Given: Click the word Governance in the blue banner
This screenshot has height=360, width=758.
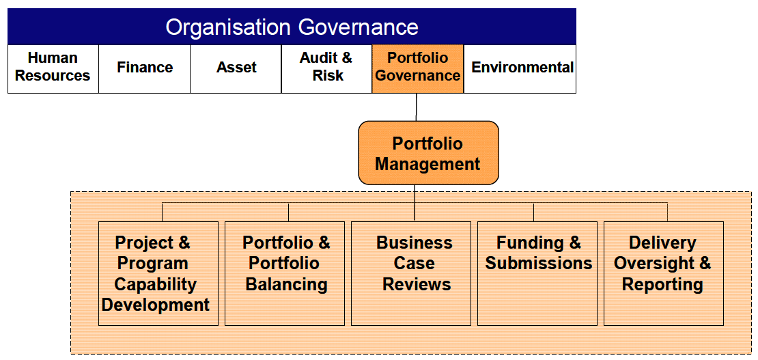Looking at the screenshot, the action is [x=359, y=27].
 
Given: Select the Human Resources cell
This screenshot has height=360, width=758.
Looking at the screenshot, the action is [x=53, y=69].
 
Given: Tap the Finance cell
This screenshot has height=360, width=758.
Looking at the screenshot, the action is [x=145, y=69].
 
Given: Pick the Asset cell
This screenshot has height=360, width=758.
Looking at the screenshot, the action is [x=236, y=69].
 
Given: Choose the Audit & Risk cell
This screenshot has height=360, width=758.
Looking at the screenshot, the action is [x=327, y=69].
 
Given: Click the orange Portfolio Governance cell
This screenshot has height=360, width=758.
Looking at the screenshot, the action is [x=418, y=69].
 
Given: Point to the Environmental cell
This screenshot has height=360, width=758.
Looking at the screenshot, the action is [x=520, y=69].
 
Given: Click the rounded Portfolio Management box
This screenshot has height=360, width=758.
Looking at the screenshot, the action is [x=428, y=153].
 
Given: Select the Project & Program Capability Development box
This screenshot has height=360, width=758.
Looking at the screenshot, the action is [x=158, y=273].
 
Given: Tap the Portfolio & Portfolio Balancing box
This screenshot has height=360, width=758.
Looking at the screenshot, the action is [x=285, y=273].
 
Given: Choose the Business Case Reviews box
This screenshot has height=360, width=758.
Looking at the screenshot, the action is [x=411, y=273].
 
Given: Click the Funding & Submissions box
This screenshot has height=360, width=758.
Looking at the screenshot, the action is [x=537, y=273].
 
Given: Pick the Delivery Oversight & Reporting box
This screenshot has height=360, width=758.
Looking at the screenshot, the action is [x=664, y=273].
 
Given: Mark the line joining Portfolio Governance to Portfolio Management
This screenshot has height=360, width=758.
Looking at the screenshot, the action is [x=417, y=107].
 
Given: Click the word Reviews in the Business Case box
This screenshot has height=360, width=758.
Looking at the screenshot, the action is [x=417, y=284].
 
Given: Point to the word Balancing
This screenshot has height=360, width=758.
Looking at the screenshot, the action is [x=287, y=284].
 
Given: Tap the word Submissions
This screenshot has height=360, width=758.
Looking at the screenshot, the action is [x=539, y=263].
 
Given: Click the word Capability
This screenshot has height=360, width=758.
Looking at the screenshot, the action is [x=156, y=284].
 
